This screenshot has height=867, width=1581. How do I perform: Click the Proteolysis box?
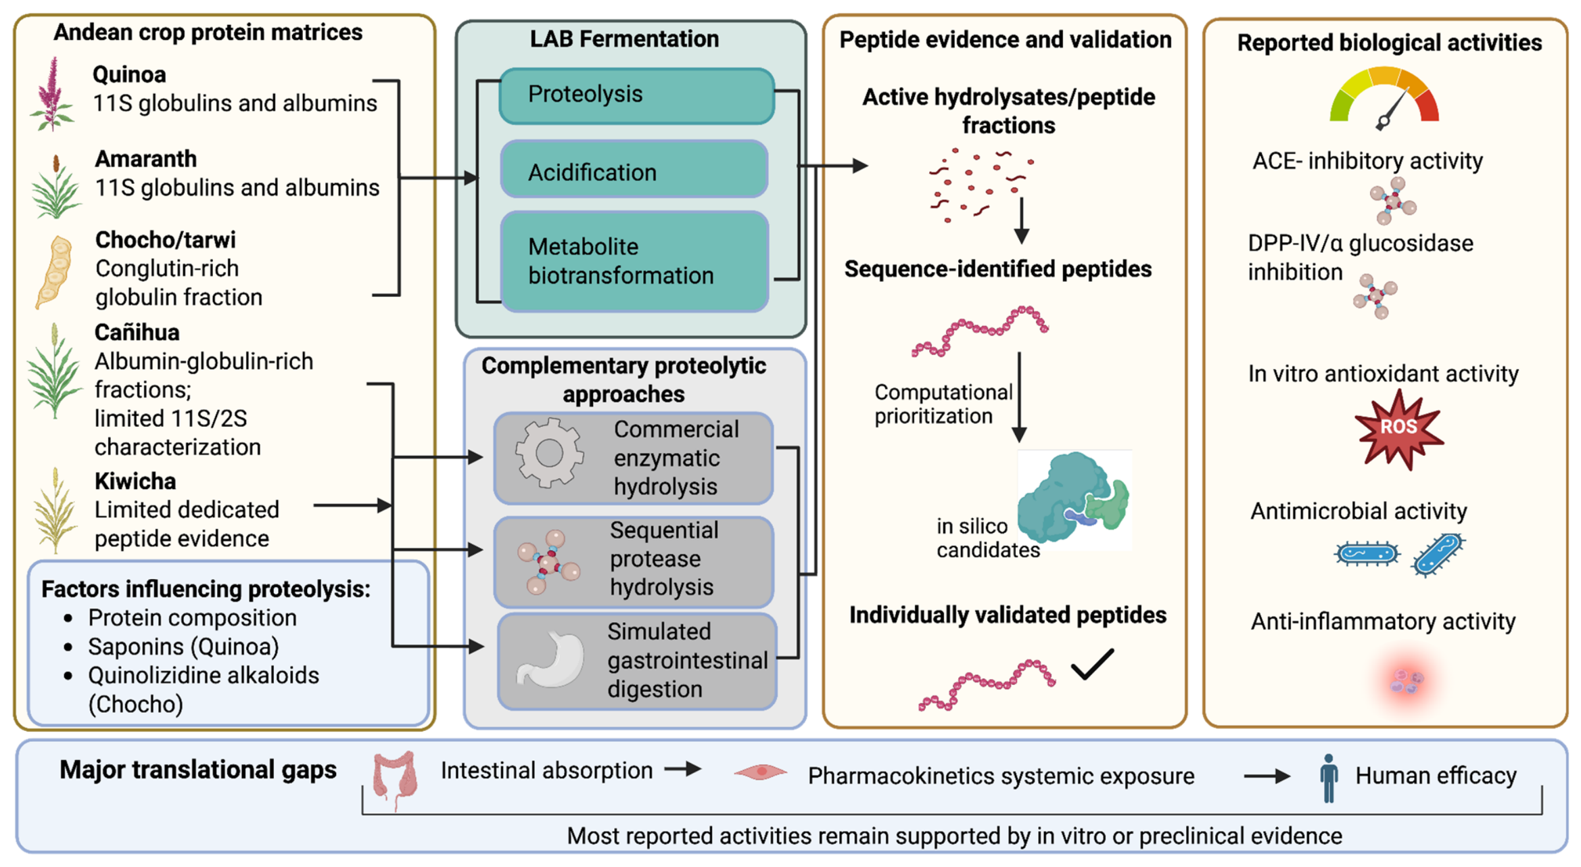tap(637, 95)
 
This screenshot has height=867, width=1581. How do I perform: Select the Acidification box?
tap(634, 170)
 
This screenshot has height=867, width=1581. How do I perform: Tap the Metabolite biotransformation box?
tap(634, 262)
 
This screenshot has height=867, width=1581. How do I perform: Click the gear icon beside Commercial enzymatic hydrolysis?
tap(548, 453)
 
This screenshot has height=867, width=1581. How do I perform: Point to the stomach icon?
tap(551, 659)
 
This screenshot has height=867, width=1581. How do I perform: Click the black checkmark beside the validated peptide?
tap(1092, 664)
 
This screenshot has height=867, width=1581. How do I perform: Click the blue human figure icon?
tap(1329, 778)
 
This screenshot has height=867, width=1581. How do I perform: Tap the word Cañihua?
tap(137, 333)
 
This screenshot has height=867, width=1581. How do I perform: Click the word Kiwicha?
tap(135, 482)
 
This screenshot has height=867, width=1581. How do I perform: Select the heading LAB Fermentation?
tap(624, 39)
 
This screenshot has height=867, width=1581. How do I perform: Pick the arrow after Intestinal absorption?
tap(682, 769)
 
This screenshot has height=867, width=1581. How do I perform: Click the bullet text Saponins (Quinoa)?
tap(183, 647)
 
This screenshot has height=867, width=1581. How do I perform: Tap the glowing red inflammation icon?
tap(1407, 680)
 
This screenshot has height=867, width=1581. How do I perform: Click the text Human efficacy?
tap(1436, 776)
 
